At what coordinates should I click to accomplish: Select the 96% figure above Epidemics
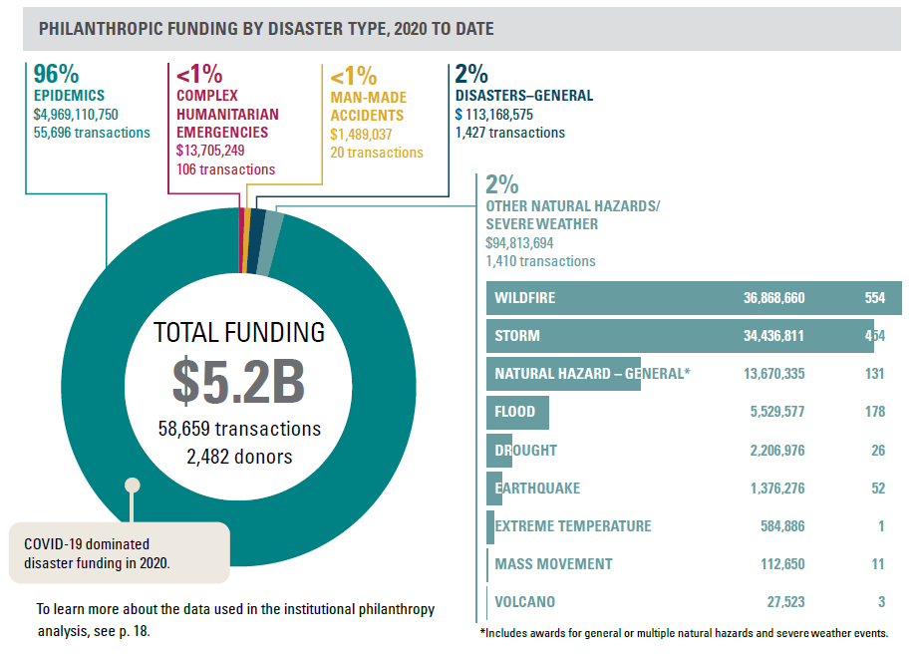(57, 75)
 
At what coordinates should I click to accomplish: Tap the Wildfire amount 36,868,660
(773, 298)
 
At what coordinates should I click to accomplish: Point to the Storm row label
(517, 336)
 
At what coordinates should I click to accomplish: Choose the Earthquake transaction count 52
(877, 489)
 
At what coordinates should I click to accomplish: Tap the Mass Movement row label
(553, 564)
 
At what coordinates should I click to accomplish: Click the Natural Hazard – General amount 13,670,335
(773, 374)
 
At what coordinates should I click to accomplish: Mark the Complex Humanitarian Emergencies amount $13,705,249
(224, 151)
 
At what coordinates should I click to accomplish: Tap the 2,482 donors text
(238, 458)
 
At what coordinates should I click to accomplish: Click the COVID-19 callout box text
(97, 553)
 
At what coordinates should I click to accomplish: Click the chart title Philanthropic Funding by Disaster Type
(265, 29)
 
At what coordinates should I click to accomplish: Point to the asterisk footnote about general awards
(683, 633)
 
